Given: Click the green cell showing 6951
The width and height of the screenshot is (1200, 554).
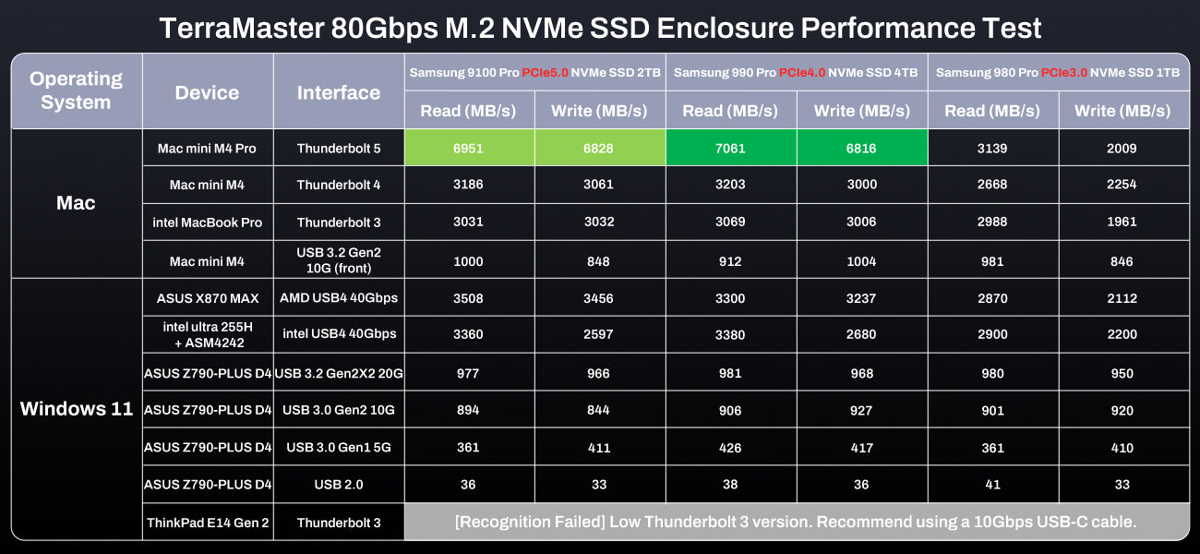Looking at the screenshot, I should click(x=468, y=148).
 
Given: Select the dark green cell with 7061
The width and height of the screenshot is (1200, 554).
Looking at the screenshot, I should click(x=729, y=148).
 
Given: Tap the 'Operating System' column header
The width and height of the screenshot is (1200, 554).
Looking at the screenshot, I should click(x=76, y=90).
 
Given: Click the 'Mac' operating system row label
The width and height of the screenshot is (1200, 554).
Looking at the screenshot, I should click(x=76, y=203).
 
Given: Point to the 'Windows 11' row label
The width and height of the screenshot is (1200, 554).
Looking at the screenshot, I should click(x=77, y=409).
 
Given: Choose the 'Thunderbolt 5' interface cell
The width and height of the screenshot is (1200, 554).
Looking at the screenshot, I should click(x=339, y=148).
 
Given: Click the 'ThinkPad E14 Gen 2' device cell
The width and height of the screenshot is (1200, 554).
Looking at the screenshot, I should click(x=208, y=523).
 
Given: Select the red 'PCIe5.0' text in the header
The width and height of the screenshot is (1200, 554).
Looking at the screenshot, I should click(x=545, y=72).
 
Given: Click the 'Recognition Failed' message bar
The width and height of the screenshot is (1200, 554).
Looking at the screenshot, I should click(x=796, y=522).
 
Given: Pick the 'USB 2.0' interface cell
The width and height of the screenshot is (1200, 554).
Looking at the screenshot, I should click(x=339, y=485).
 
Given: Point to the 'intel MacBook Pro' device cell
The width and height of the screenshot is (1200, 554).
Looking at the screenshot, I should click(x=208, y=223).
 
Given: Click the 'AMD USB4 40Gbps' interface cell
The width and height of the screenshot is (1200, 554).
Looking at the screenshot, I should click(x=339, y=298).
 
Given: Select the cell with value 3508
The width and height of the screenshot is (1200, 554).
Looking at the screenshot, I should click(x=468, y=298).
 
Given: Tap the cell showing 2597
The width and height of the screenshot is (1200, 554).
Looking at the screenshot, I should click(x=598, y=334).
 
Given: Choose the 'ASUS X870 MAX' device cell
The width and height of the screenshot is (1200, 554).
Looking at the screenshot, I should click(x=208, y=298).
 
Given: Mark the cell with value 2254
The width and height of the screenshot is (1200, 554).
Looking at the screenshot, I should click(x=1122, y=185).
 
